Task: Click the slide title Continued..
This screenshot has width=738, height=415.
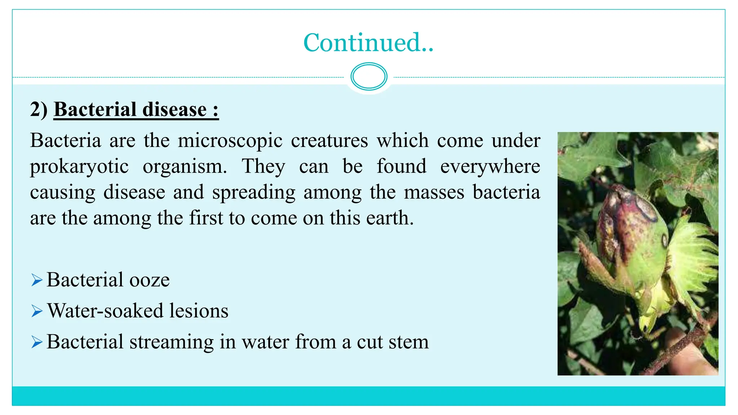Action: [368, 43]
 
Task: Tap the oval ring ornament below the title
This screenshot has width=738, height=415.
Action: [369, 76]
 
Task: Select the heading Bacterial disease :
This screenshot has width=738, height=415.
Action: [136, 110]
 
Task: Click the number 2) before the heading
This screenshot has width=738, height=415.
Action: [39, 110]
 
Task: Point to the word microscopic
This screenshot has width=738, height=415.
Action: [230, 140]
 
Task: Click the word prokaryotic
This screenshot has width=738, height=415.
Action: [79, 167]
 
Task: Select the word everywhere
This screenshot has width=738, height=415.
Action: [490, 167]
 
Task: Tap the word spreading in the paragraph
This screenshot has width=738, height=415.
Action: [254, 192]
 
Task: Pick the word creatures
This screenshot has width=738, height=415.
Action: [329, 140]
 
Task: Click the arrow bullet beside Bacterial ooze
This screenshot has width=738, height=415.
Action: [37, 280]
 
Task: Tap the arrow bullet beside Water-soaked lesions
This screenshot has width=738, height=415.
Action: [37, 311]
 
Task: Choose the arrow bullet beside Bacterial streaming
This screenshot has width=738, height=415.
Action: [37, 342]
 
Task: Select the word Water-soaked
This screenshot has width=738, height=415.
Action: [105, 311]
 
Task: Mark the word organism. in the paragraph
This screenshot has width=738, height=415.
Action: [185, 167]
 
